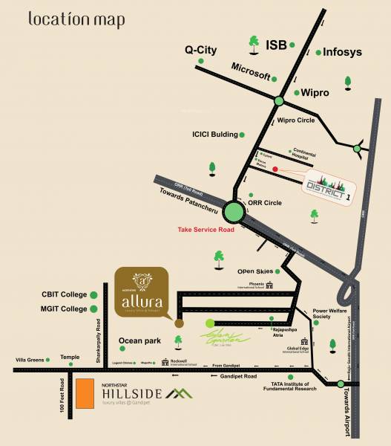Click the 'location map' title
click(76, 19)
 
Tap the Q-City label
click(200, 51)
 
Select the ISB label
click(276, 45)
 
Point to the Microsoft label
click(250, 67)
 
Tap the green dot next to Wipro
click(295, 93)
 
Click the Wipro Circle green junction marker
click(279, 101)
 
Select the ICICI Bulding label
click(214, 135)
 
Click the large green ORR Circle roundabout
click(234, 211)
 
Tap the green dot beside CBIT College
click(94, 294)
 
